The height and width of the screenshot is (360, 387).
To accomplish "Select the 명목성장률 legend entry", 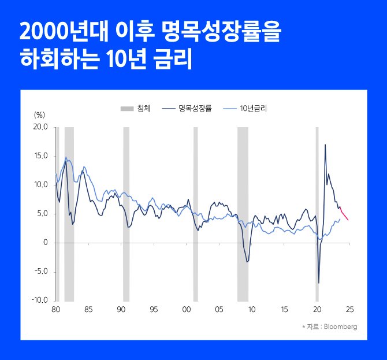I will click(195, 108).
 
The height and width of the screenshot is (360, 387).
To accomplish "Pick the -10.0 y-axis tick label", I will click(39, 300).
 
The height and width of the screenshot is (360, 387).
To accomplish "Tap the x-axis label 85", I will click(88, 309).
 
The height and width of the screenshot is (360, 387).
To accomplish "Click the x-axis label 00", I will click(186, 309).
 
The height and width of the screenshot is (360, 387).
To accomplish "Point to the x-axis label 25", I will click(349, 309).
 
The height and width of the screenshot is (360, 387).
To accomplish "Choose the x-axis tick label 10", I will click(251, 309).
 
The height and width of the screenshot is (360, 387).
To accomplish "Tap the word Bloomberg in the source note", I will click(341, 326).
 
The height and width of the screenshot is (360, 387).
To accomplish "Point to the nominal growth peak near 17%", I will click(325, 145).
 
